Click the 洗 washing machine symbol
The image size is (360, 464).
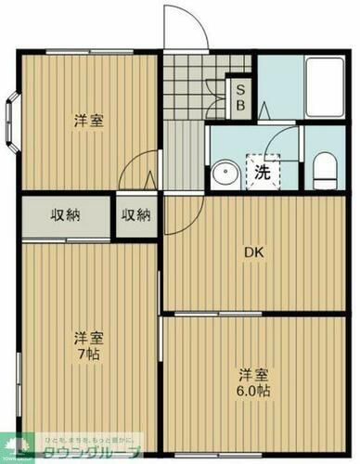click(263, 172)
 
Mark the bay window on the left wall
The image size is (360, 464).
click(11, 122)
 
